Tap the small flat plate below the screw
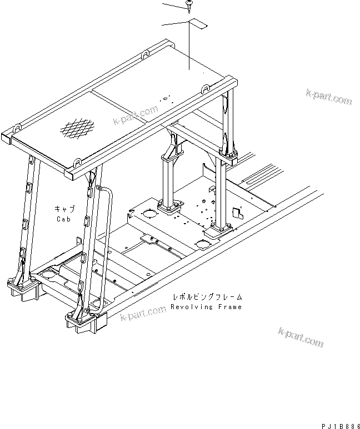point(198,24)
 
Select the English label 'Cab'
point(64,219)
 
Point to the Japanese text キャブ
point(64,209)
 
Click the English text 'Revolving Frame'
point(206,307)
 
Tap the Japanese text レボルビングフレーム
point(206,297)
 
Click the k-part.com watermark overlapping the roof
point(135,115)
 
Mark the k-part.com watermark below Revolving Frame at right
point(300,337)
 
